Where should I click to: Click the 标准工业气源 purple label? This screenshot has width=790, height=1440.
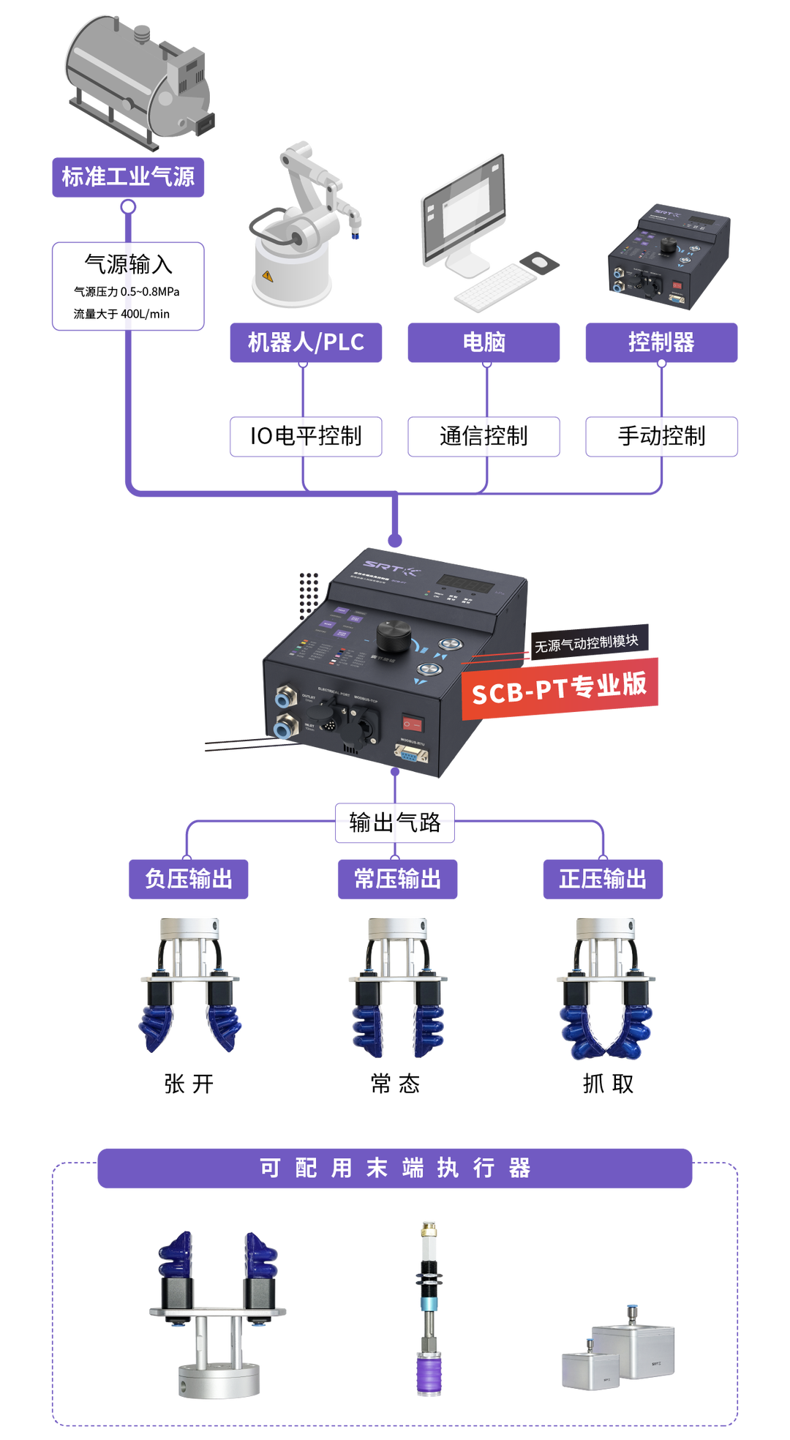128,177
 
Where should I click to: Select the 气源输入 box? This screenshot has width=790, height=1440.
128,286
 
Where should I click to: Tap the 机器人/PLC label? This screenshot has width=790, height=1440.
306,342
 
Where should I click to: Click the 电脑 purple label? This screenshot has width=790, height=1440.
484,342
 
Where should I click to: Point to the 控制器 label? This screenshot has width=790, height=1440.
661,342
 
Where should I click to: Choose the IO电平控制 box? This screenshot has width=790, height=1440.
306,437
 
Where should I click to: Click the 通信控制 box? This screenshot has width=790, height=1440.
484,437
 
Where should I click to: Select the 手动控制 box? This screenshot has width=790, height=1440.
661,437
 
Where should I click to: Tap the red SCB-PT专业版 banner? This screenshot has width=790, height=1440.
560,689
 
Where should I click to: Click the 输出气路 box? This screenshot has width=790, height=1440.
395,823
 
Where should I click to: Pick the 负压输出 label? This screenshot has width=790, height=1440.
189,879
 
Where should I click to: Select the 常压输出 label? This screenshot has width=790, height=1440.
397,879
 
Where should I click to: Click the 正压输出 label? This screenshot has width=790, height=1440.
603,879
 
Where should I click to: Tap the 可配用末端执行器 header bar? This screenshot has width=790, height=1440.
395,1168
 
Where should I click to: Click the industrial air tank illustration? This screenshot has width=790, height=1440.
139,77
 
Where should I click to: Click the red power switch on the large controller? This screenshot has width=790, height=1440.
412,724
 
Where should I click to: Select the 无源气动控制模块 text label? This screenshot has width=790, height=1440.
587,643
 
